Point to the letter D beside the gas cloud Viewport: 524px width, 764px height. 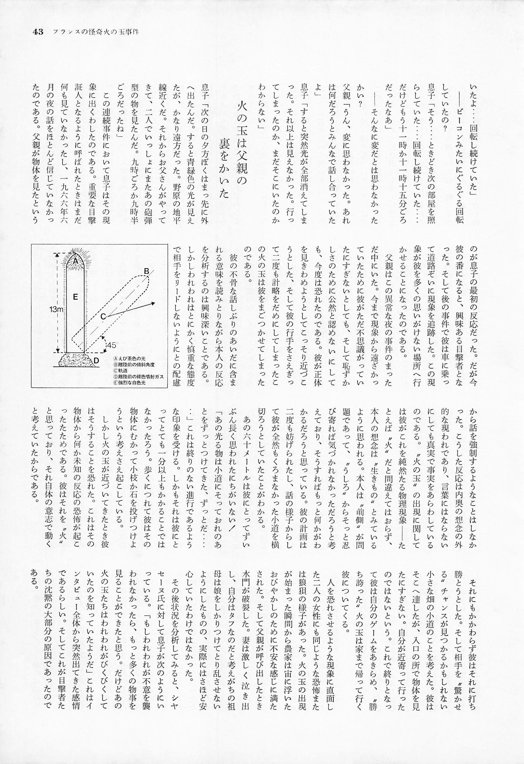pyautogui.click(x=96, y=361)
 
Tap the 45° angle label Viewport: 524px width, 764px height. pyautogui.click(x=112, y=345)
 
